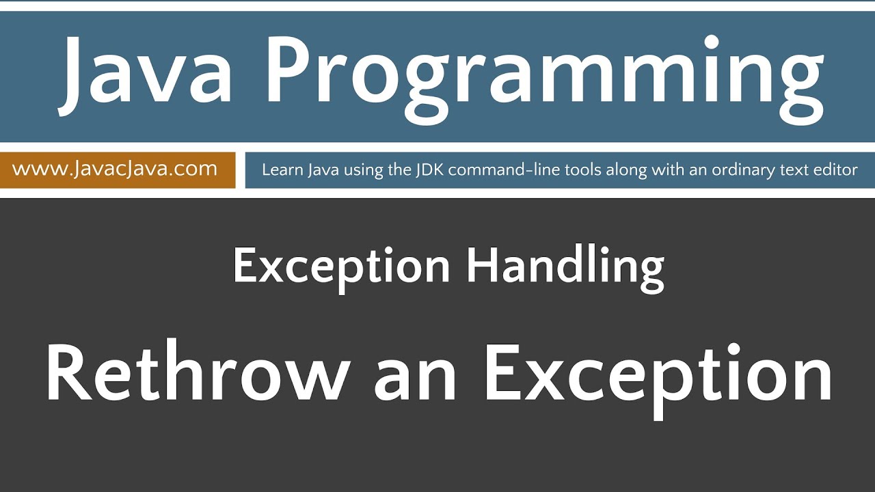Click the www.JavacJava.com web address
[115, 169]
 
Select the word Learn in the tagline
[281, 169]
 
